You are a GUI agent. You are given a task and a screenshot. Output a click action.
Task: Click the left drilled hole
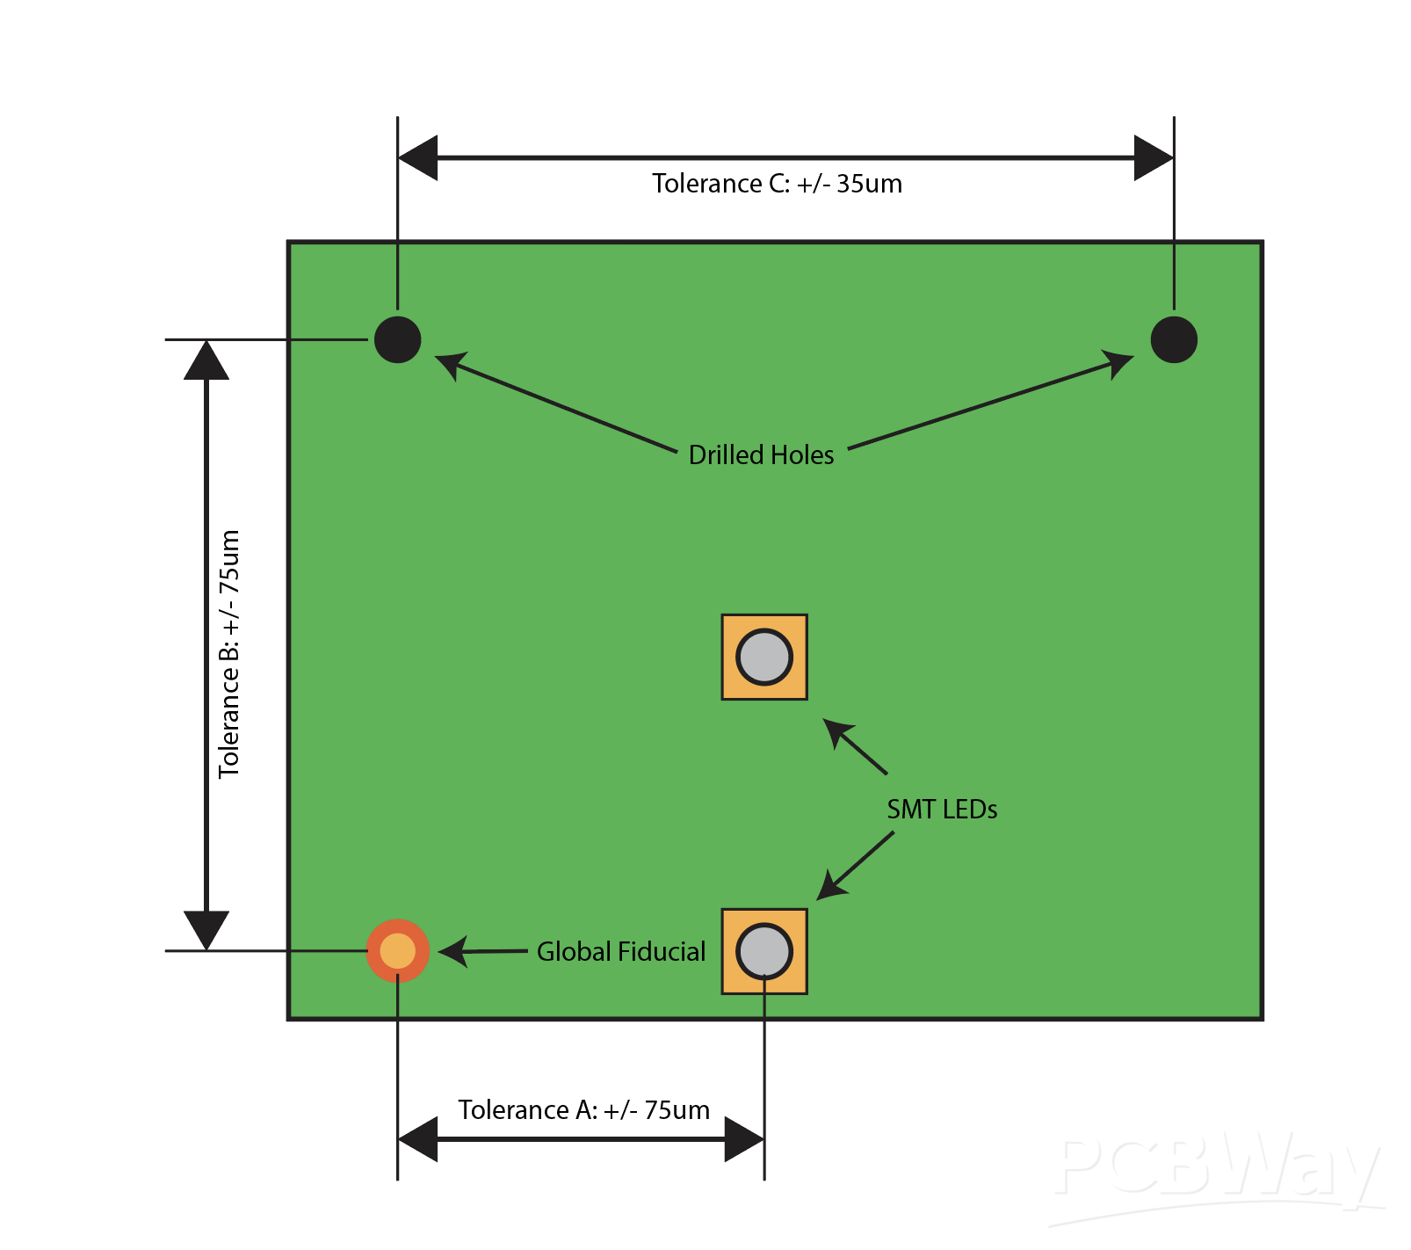tap(398, 339)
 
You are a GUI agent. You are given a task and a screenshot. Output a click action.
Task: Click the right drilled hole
tap(1174, 339)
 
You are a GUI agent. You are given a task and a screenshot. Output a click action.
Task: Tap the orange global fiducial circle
tap(398, 950)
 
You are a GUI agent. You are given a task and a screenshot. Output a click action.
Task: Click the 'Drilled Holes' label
tap(761, 454)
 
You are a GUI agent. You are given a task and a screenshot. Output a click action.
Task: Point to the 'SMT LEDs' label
tap(942, 809)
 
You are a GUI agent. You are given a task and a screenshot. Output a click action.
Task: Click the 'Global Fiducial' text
tap(621, 951)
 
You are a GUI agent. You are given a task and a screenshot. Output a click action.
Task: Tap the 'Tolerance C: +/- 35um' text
tap(777, 184)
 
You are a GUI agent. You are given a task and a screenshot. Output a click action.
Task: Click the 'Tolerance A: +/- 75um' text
tap(583, 1109)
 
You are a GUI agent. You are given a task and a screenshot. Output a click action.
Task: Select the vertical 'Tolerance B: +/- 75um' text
tap(229, 653)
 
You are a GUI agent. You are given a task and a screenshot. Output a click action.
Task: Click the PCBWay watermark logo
tap(1217, 1174)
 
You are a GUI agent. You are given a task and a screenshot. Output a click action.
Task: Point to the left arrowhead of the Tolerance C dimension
tap(418, 158)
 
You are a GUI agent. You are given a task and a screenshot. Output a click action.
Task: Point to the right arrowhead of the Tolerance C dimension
tap(1154, 158)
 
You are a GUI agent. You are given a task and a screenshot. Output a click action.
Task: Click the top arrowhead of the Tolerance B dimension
tap(206, 360)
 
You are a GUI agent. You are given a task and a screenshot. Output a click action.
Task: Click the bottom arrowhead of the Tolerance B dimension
tap(206, 929)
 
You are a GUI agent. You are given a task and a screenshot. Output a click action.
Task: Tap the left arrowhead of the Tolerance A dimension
tap(418, 1139)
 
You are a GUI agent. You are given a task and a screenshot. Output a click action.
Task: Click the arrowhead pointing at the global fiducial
tap(453, 951)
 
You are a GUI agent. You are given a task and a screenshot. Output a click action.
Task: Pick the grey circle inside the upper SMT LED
tap(764, 657)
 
